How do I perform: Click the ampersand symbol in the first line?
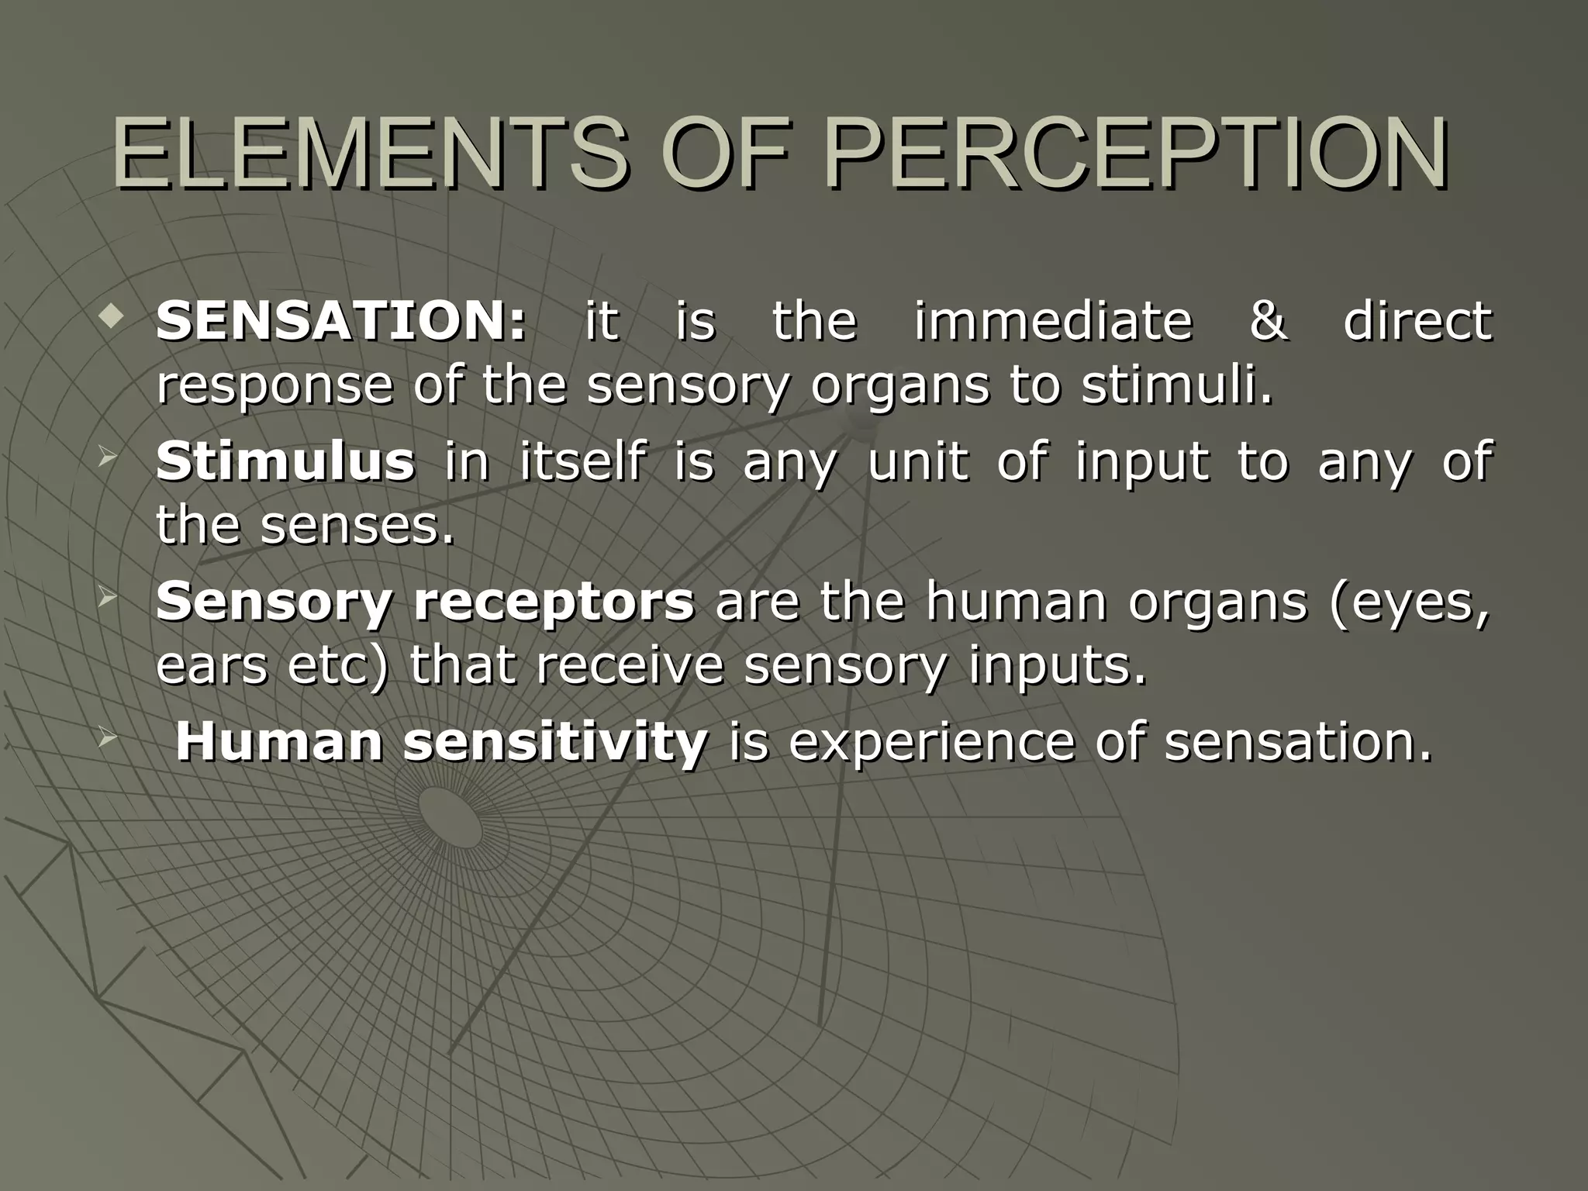coord(1269,321)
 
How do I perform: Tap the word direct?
coord(1417,320)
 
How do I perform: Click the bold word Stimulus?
coord(285,461)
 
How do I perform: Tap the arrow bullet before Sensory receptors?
coord(108,598)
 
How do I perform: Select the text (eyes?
coord(1410,602)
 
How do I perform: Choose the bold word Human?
coord(278,742)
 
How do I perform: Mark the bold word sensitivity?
coord(555,742)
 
